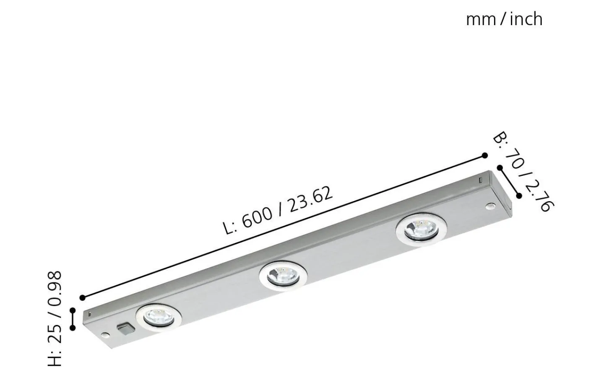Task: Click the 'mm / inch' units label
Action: [504, 19]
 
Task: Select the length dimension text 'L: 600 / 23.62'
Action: [278, 210]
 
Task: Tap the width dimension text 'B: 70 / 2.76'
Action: [523, 172]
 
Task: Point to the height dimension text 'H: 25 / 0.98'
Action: [55, 319]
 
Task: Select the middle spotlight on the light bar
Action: [283, 275]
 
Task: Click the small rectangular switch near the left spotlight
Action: [124, 328]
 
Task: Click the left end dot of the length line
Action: [82, 298]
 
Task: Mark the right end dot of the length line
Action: [485, 155]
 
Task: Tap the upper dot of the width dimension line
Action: [500, 168]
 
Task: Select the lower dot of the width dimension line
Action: [519, 196]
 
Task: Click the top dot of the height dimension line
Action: [73, 310]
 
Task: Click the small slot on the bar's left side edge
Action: [89, 312]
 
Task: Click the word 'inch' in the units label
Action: [526, 19]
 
